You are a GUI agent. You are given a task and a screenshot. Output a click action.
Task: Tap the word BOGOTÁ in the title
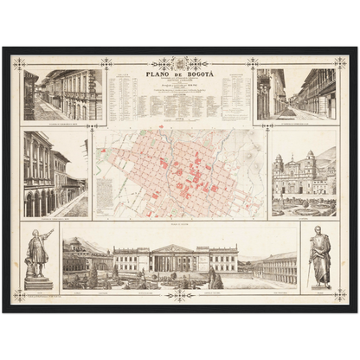coord(197,74)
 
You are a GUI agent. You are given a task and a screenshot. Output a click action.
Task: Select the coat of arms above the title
coord(180,63)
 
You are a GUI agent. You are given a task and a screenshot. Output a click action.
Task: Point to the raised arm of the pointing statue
coord(48,233)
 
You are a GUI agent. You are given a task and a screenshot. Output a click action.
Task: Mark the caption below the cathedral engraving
coord(303,220)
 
